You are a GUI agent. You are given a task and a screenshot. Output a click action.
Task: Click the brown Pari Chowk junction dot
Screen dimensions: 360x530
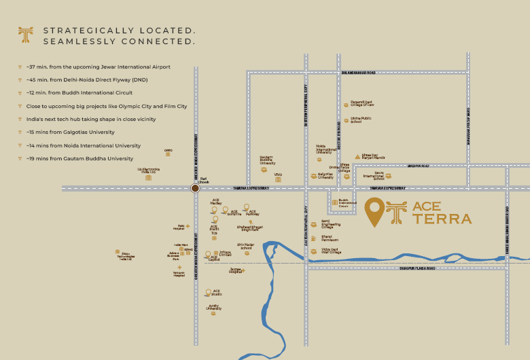(x=195, y=188)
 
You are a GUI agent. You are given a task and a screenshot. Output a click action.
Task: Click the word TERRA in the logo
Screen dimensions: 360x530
(x=442, y=219)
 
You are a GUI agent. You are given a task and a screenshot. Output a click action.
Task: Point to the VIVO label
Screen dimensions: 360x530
(x=278, y=175)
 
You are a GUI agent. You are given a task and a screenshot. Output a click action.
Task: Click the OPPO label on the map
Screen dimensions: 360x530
(x=168, y=151)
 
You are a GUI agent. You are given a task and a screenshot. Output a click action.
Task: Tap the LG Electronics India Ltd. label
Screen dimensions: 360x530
(x=148, y=171)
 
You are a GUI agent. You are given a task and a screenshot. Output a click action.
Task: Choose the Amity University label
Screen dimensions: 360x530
(x=214, y=308)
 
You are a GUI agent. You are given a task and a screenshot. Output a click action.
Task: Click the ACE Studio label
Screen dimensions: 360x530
(x=217, y=293)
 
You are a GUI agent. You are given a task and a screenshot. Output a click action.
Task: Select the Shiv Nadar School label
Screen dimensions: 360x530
(x=244, y=247)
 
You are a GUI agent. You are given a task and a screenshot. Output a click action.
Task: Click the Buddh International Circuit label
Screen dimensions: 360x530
(x=347, y=202)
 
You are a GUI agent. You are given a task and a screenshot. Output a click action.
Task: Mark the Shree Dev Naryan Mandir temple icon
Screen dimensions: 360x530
(x=358, y=156)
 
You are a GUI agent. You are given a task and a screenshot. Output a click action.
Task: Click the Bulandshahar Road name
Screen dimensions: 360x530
(x=357, y=72)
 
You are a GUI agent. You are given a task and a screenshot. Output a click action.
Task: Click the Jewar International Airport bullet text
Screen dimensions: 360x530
(x=99, y=67)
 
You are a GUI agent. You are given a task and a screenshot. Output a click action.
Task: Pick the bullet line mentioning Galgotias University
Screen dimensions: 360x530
(x=71, y=132)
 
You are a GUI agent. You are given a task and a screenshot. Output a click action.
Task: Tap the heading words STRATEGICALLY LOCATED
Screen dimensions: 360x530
(x=120, y=31)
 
